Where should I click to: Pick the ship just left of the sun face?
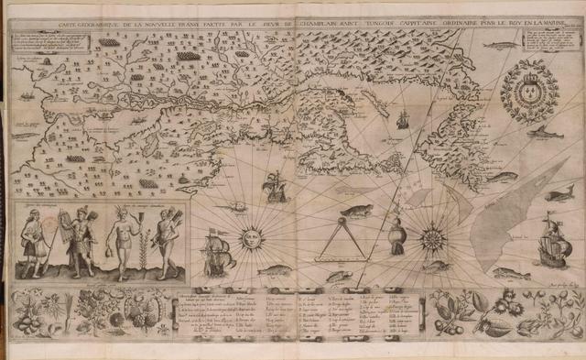[216, 252]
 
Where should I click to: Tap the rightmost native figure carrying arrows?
[166, 240]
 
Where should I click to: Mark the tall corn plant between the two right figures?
[147, 240]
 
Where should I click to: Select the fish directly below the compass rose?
[437, 267]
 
